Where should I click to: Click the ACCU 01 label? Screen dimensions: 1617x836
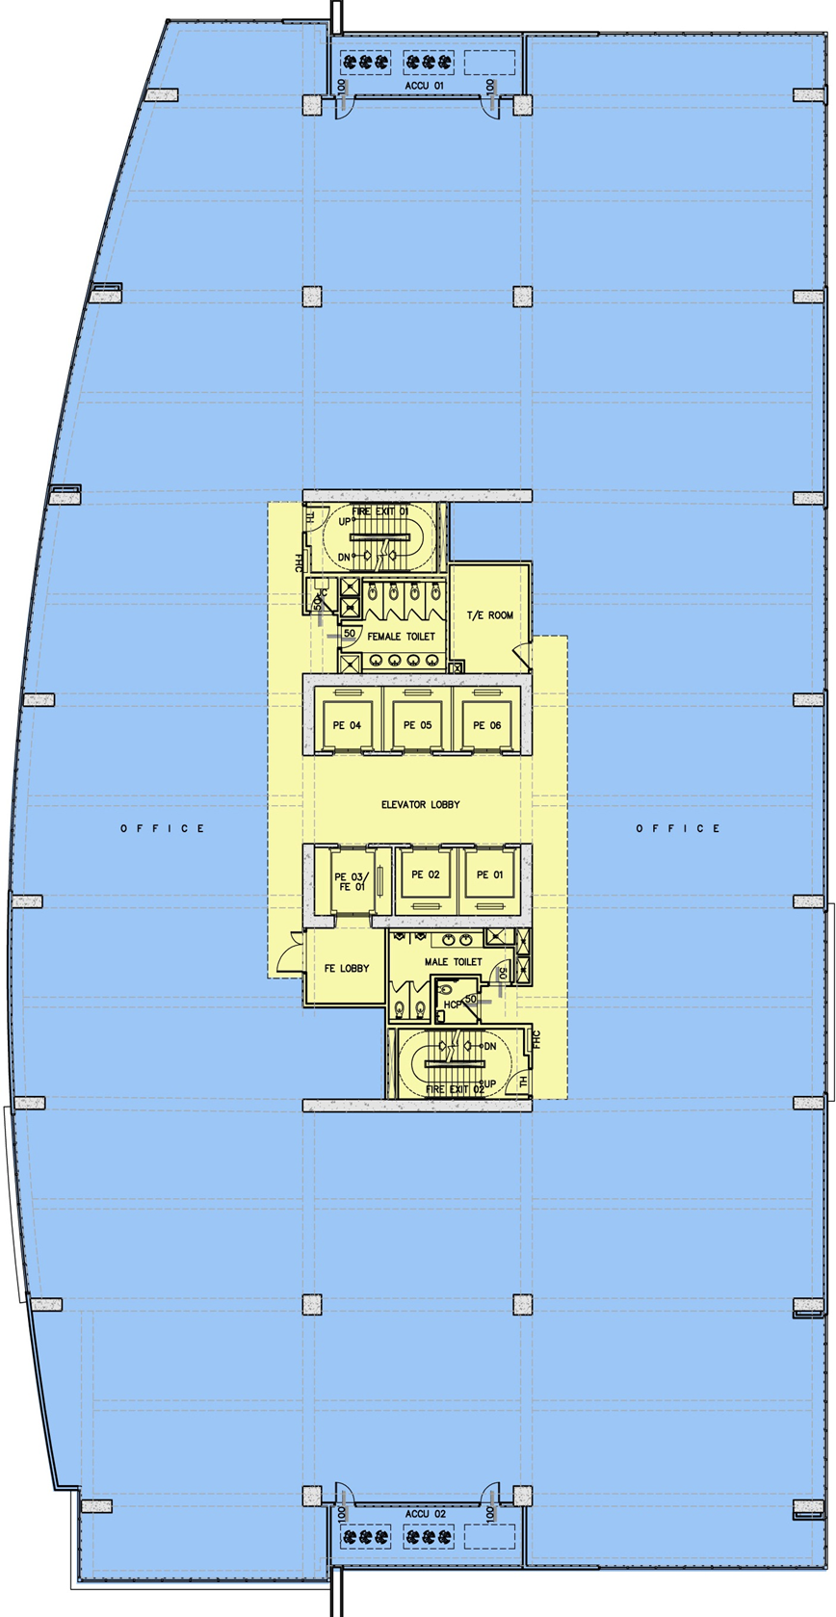click(x=424, y=86)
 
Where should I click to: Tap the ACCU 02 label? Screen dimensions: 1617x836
click(x=425, y=1513)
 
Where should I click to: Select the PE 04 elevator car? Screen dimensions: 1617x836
click(x=347, y=724)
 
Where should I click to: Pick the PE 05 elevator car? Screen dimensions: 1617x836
click(x=417, y=724)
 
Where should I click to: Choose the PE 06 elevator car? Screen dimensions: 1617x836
click(x=486, y=724)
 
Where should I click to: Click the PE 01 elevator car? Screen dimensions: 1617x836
click(x=489, y=874)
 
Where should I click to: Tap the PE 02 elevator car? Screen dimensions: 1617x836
click(x=425, y=874)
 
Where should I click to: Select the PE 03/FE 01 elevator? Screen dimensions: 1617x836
click(x=349, y=880)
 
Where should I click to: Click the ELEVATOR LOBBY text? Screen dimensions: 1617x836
click(x=420, y=804)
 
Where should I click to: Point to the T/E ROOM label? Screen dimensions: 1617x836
click(x=490, y=614)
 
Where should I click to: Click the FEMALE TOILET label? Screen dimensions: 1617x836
click(x=401, y=637)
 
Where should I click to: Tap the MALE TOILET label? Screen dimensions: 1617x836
click(x=453, y=961)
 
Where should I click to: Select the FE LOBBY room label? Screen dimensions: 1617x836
click(x=346, y=968)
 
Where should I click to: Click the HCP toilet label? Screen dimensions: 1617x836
click(x=451, y=1004)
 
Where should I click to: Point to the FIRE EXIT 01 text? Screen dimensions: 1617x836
click(x=379, y=511)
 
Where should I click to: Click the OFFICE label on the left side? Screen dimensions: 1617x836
click(x=163, y=828)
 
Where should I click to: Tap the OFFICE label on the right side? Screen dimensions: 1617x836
click(x=678, y=828)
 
